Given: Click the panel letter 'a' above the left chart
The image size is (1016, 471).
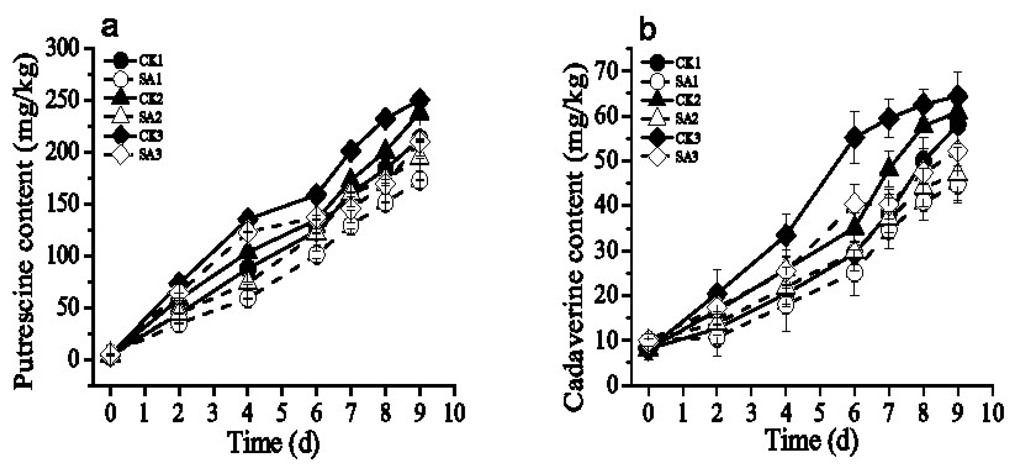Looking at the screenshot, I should [x=110, y=27].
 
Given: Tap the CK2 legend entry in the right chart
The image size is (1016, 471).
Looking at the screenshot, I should [x=671, y=100].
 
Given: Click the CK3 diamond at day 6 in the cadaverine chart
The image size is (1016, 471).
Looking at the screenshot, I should [x=854, y=137].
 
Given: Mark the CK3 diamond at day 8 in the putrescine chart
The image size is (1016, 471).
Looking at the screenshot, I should [x=385, y=118].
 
